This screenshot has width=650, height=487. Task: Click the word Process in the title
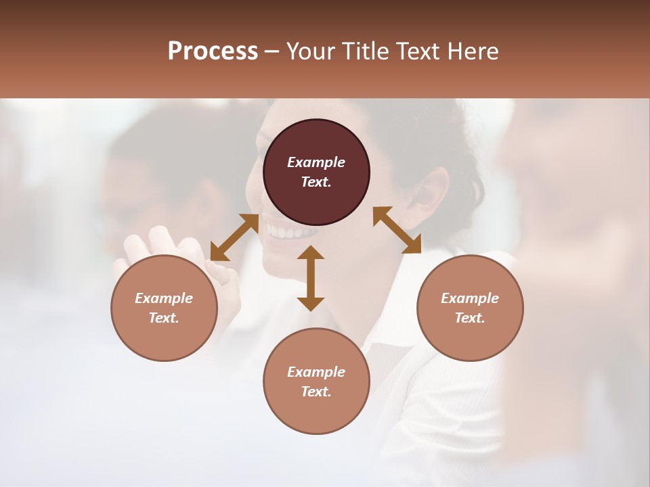[213, 51]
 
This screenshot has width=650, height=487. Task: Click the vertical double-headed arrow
[311, 278]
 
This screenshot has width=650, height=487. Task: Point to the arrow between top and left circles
[234, 237]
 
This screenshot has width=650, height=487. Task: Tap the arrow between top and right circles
[397, 230]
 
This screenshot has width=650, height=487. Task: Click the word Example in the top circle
[316, 162]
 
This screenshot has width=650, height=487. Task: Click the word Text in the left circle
[164, 318]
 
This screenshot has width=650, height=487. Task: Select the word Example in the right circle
[470, 298]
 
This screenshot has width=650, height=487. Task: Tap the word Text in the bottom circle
[316, 392]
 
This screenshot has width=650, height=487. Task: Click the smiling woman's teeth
[284, 233]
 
